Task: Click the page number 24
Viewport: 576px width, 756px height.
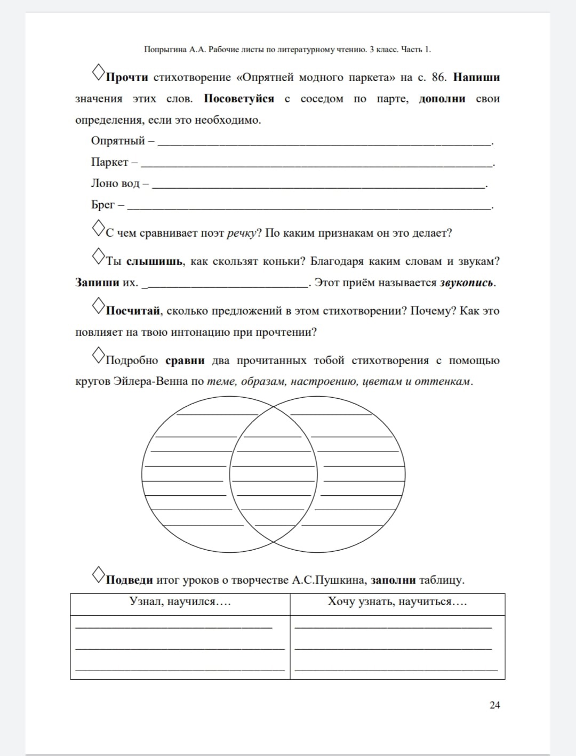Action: (x=494, y=705)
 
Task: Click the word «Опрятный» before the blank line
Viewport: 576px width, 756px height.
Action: (x=118, y=141)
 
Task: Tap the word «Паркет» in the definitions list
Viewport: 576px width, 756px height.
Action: (x=110, y=162)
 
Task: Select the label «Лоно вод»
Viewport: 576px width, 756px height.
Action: (x=115, y=183)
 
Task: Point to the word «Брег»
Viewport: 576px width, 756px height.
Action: (x=103, y=205)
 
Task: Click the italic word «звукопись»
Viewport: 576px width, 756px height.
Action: (x=466, y=283)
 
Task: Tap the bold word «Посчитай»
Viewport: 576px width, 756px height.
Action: (x=133, y=311)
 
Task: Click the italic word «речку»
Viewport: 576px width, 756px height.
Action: (x=242, y=233)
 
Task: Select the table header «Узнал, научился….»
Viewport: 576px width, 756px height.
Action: (x=180, y=602)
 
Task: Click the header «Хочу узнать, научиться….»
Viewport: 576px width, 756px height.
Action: (x=397, y=602)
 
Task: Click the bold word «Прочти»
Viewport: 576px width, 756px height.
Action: (x=127, y=77)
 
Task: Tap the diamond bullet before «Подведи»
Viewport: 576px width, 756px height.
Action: (x=99, y=574)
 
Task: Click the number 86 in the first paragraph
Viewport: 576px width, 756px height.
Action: (x=438, y=77)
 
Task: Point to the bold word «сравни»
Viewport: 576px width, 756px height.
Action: (x=185, y=360)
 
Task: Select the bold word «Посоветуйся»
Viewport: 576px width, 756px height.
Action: (x=239, y=99)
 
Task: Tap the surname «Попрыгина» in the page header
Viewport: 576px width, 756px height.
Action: (x=166, y=50)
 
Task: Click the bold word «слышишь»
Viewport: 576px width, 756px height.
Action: (x=155, y=261)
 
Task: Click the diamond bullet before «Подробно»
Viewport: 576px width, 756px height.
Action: (x=99, y=355)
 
